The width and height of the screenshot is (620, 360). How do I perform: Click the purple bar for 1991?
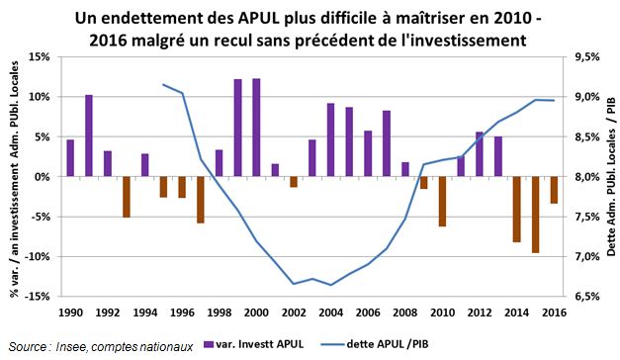[x=89, y=135]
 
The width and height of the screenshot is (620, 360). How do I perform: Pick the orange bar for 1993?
[x=127, y=197]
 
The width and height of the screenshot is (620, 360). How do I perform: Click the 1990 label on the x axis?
[x=70, y=312]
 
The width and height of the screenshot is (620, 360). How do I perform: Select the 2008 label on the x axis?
[x=405, y=312]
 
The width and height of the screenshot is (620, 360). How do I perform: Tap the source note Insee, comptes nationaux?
[x=112, y=345]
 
